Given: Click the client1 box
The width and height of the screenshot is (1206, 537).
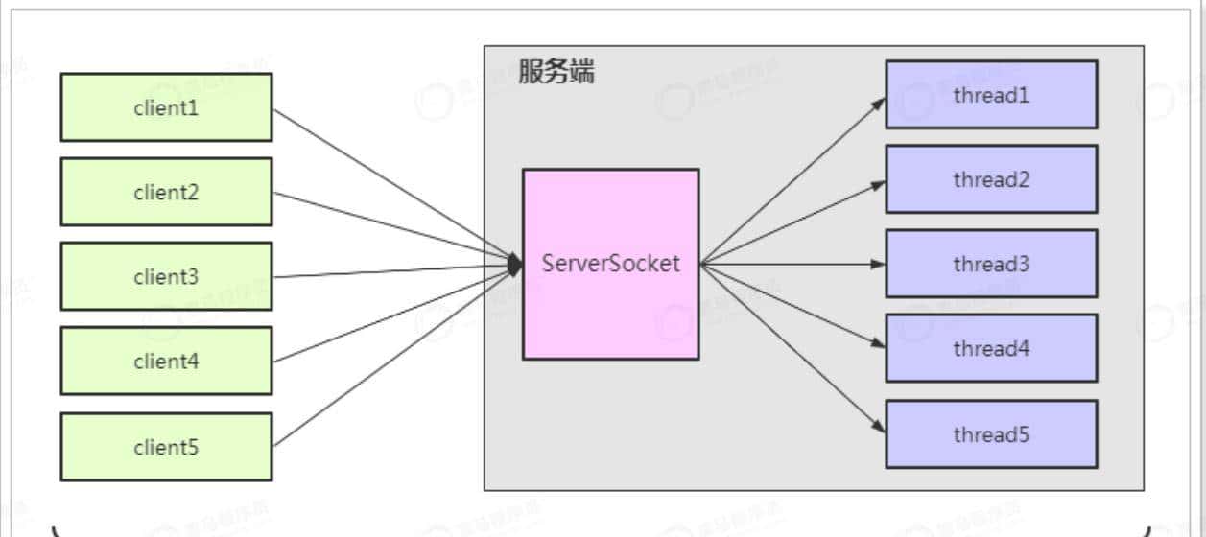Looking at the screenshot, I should [x=166, y=107].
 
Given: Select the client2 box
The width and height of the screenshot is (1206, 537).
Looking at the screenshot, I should [x=166, y=192].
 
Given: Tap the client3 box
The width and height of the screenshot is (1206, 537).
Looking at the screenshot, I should [x=166, y=276].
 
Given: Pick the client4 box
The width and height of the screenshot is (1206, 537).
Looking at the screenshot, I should [x=166, y=361].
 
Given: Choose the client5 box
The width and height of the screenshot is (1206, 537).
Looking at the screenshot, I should [x=166, y=447].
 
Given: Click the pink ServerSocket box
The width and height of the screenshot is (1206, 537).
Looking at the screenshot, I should [x=610, y=264].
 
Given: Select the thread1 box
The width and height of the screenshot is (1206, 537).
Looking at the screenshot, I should [x=991, y=95].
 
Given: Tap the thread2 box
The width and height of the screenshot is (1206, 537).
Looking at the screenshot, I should [x=991, y=179].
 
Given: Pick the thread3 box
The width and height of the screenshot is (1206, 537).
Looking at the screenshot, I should [x=991, y=264].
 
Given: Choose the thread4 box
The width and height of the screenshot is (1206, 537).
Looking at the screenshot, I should [x=991, y=349].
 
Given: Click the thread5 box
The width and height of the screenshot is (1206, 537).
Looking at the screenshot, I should [x=991, y=434].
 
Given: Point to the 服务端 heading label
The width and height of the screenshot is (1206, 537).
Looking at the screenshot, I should [x=556, y=72].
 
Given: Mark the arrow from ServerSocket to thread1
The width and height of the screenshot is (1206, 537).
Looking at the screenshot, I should [x=792, y=180].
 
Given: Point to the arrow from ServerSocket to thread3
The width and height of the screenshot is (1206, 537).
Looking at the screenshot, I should [x=792, y=264].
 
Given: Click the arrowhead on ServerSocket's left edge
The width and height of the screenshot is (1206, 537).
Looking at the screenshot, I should [x=515, y=264].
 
